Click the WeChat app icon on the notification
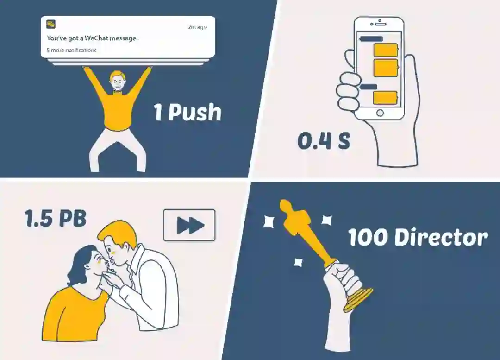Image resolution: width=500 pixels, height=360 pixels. point(51,24)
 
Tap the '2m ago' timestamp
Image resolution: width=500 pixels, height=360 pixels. point(197,27)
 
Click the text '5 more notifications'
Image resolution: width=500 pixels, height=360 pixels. point(71,50)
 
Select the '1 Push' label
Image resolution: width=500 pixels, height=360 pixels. point(188,112)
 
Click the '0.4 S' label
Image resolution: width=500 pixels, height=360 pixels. point(324,141)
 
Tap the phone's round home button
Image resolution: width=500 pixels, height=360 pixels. point(380,113)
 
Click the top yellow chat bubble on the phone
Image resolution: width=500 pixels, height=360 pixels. point(386,50)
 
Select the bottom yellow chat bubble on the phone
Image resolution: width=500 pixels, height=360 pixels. point(386,98)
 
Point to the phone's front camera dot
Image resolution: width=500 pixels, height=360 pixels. point(372,24)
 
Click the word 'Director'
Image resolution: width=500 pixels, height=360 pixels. point(441,237)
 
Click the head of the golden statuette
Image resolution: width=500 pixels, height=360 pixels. point(285,205)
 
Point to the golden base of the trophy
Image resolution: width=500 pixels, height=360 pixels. point(359,299)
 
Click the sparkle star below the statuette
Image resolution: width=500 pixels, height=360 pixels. point(298,262)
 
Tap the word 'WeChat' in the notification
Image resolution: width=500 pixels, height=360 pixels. point(97,38)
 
